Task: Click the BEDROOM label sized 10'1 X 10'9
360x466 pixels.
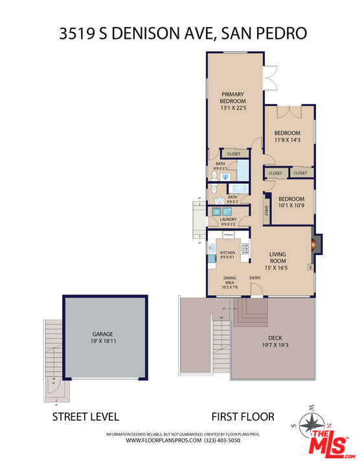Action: [291, 199]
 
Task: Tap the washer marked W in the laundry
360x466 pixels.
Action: [216, 212]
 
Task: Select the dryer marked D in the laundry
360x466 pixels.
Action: [227, 212]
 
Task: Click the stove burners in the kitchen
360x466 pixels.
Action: [245, 248]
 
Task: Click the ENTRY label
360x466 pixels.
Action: [255, 279]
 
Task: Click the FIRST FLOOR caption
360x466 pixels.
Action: [243, 417]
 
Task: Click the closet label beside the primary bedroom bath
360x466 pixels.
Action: [233, 154]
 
